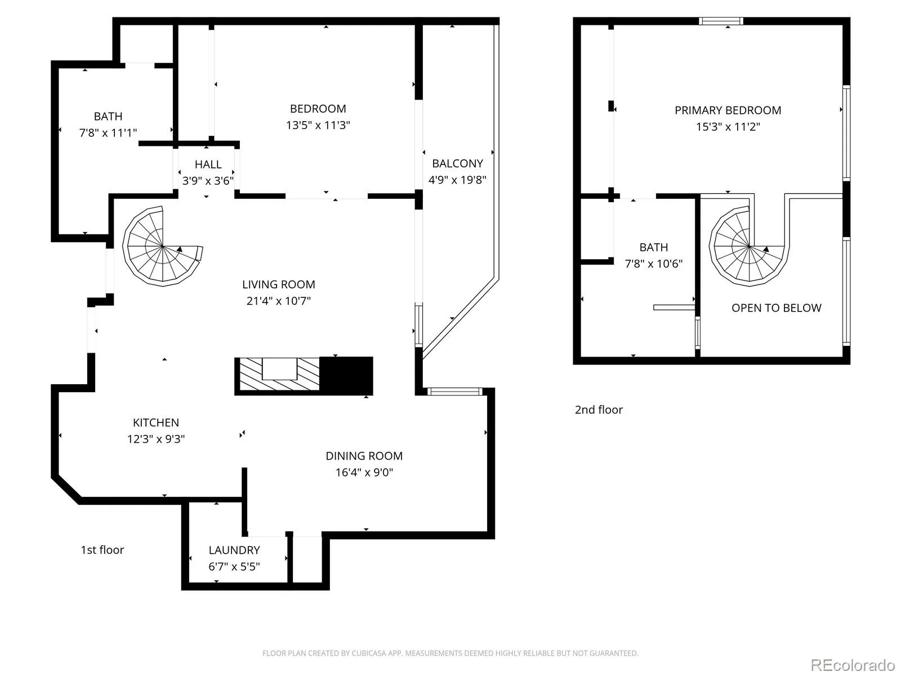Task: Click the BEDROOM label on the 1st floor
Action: (318, 109)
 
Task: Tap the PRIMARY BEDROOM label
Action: (728, 110)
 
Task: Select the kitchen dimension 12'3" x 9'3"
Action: (156, 439)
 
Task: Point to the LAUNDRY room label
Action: (234, 550)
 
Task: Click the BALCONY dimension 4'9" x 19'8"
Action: (457, 180)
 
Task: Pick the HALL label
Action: (208, 164)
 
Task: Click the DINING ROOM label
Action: (364, 456)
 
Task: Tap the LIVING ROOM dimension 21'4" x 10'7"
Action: (278, 301)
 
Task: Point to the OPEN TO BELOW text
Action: (776, 308)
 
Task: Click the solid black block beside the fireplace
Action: (346, 376)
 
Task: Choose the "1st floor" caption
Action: (102, 550)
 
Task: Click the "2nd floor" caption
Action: (599, 410)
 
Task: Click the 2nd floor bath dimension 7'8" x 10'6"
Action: (653, 264)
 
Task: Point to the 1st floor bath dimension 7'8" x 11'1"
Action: (108, 133)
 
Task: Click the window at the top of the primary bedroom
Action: (721, 21)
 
